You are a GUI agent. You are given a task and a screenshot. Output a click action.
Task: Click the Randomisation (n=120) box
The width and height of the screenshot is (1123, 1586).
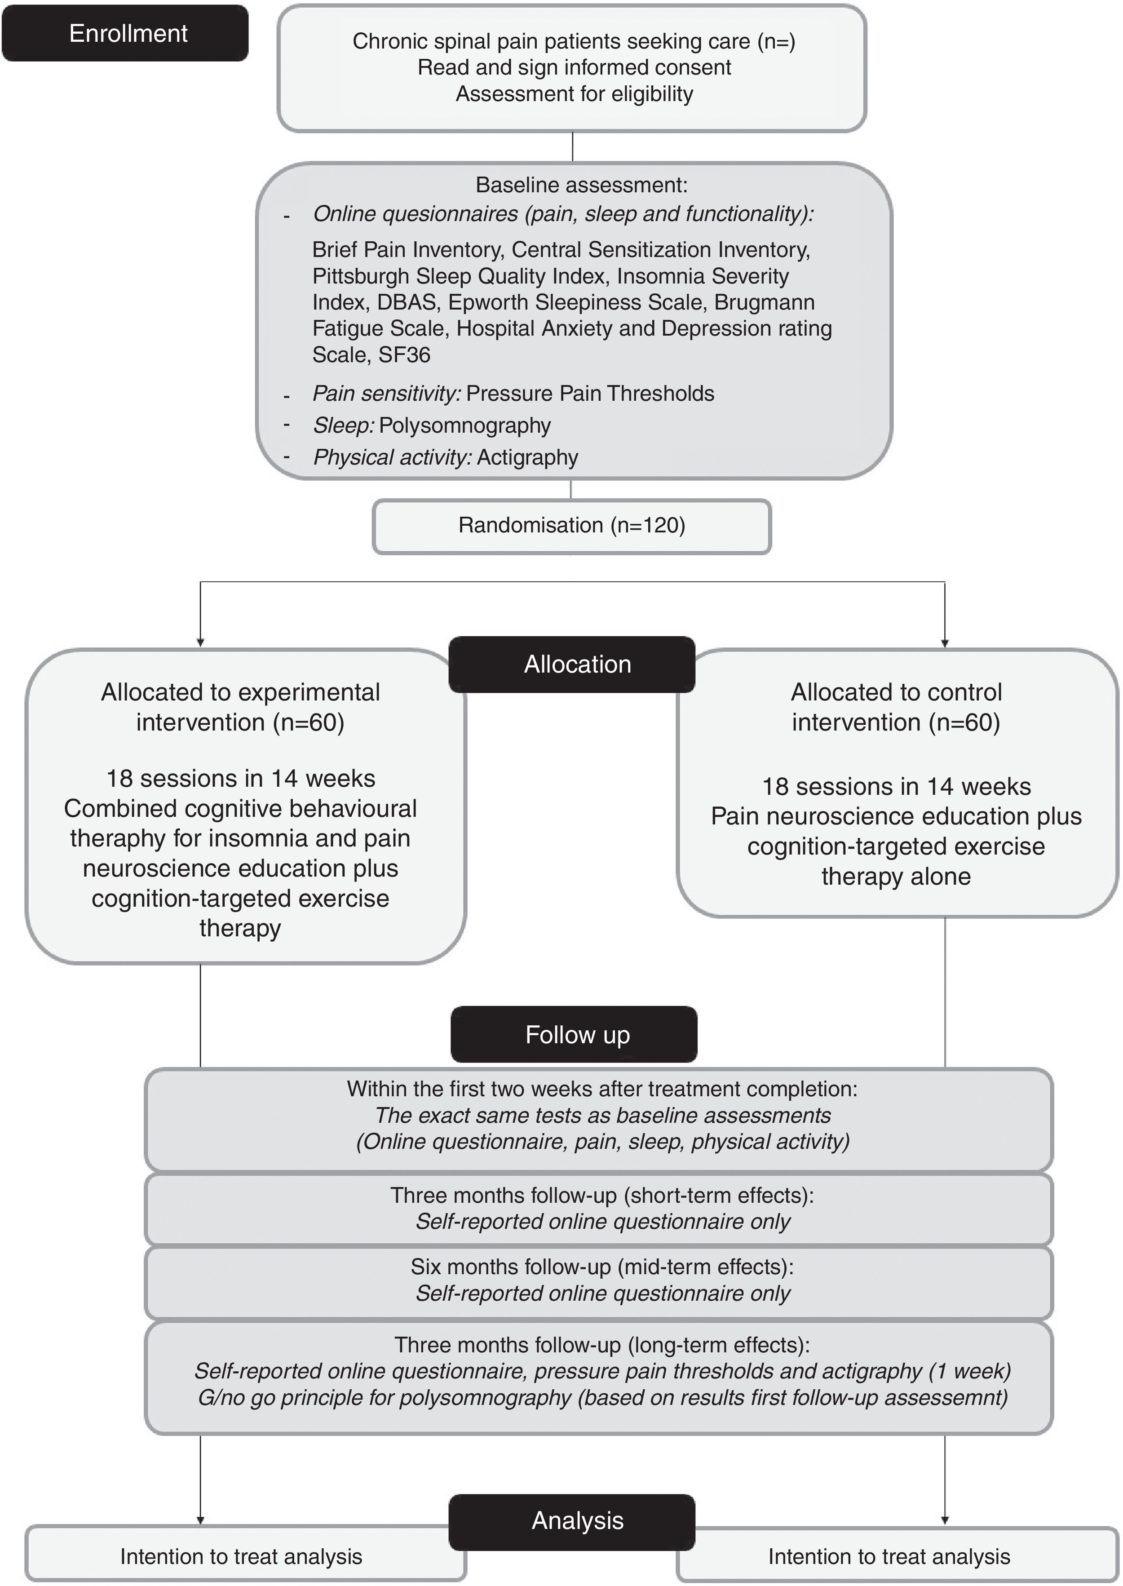572,526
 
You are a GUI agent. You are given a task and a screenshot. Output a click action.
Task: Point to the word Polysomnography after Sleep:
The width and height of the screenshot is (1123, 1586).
464,425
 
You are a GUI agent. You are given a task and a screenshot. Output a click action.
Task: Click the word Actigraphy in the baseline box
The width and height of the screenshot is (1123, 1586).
527,457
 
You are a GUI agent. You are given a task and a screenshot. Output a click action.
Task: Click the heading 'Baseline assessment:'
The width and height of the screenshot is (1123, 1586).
581,185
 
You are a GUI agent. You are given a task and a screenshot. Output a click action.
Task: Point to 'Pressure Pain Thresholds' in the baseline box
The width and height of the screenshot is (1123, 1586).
590,394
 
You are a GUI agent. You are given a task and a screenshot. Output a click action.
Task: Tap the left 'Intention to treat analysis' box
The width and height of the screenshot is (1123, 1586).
241,1556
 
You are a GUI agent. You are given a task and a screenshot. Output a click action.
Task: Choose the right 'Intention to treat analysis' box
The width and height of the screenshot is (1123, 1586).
889,1556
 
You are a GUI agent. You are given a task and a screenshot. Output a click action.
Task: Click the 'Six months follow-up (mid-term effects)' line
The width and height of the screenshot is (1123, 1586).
601,1267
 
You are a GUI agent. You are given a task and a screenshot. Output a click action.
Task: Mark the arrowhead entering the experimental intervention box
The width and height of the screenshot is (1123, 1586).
200,642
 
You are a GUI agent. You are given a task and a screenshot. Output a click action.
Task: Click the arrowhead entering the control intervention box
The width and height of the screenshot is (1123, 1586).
945,642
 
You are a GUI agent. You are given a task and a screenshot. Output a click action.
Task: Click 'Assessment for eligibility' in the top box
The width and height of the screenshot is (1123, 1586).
574,93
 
